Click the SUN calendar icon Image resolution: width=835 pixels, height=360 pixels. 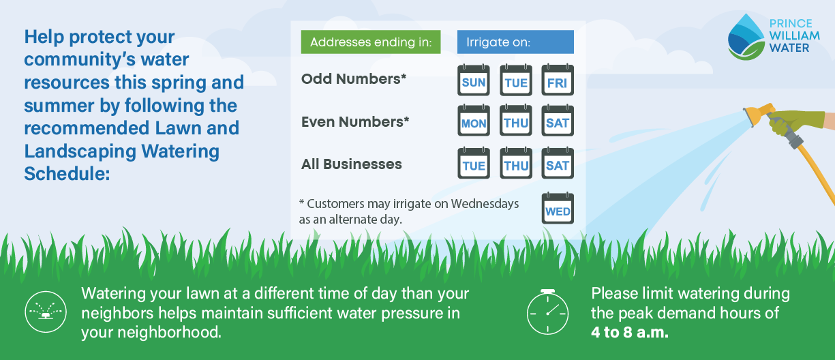474,80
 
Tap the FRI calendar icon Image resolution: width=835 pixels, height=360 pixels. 558,80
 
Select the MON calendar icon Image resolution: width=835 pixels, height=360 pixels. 474,121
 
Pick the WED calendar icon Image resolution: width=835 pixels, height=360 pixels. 558,209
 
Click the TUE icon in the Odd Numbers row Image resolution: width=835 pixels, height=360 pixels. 516,80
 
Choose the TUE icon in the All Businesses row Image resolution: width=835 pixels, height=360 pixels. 474,164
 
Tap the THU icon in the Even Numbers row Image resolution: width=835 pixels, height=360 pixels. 516,121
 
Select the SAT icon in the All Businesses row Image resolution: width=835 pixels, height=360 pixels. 558,164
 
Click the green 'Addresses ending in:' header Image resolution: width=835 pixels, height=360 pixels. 371,42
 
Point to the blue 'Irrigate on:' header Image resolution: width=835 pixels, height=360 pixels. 515,42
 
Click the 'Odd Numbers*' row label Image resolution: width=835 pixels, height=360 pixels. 354,79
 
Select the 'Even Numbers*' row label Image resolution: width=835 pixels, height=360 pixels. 355,121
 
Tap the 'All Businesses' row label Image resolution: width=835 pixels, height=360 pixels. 352,164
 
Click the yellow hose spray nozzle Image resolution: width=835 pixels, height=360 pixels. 758,113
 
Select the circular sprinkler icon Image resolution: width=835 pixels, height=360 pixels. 45,312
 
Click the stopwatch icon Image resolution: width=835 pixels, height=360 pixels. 547,312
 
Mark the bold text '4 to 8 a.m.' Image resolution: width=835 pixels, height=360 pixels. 629,333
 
